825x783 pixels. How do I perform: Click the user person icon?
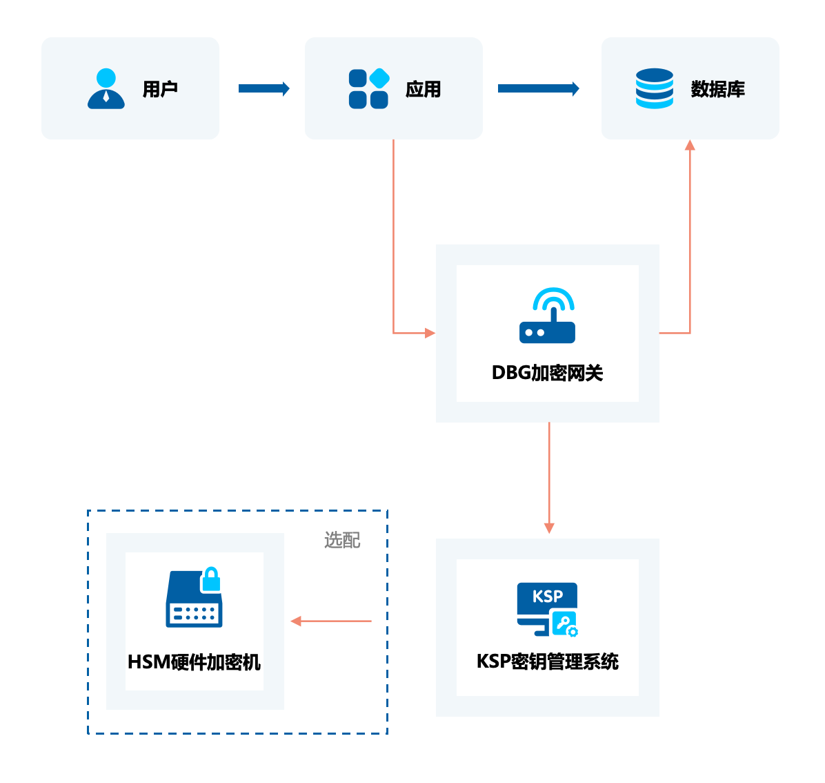coord(106,88)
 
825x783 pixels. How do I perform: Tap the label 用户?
coord(160,89)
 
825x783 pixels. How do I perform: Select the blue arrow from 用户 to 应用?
coord(264,88)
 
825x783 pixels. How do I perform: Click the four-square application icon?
coord(369,88)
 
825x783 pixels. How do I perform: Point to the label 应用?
coord(423,89)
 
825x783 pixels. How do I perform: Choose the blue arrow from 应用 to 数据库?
coord(538,88)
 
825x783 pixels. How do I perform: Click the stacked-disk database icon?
coord(654,88)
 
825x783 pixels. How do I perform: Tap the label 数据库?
coord(717,89)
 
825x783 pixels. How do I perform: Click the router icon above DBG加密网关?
coord(547,316)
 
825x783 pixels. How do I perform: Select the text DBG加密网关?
coord(547,373)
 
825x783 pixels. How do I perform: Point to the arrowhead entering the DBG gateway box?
coord(430,333)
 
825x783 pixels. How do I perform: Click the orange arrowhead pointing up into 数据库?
coord(690,145)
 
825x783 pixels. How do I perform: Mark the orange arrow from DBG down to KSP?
coord(549,476)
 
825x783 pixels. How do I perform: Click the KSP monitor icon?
coord(546,608)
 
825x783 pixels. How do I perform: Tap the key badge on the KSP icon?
coord(565,624)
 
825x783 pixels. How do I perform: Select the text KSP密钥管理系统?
coord(547,661)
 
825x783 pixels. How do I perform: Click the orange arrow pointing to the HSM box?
coord(331,621)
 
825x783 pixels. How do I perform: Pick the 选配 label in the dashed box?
coord(342,540)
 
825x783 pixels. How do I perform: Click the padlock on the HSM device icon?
coord(210,580)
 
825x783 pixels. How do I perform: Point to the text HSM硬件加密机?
coord(194,662)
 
